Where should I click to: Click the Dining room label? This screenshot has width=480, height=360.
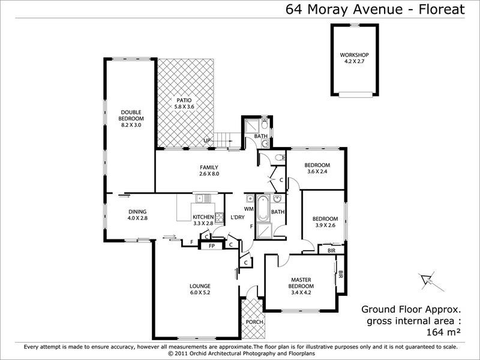click(x=137, y=211)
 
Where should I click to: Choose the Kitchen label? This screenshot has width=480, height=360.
click(x=202, y=217)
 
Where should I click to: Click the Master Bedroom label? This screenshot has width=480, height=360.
click(x=304, y=280)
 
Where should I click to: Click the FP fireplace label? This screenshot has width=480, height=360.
click(x=211, y=244)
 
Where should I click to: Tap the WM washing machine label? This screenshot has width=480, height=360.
click(x=249, y=209)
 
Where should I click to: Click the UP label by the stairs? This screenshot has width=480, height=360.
click(x=208, y=141)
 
